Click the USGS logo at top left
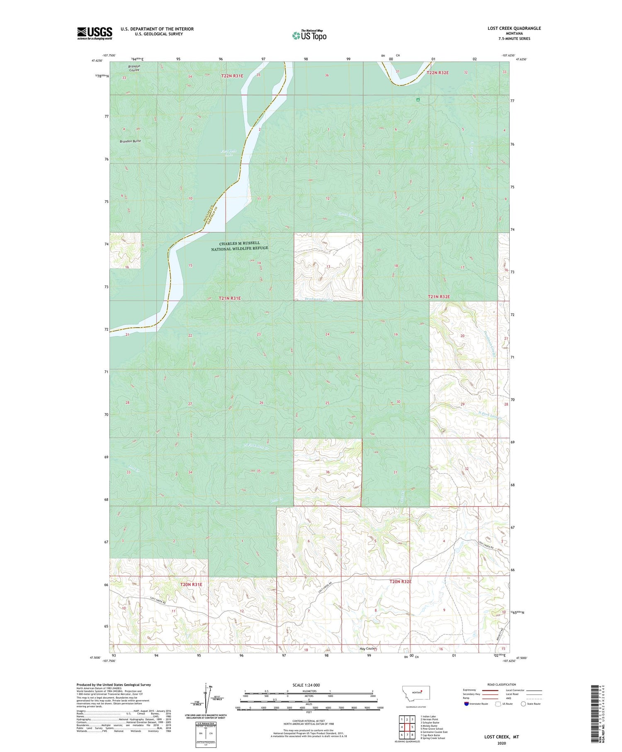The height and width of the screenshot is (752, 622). point(95,33)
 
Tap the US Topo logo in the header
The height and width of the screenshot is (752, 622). point(309,36)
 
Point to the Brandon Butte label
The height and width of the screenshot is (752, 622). point(130,141)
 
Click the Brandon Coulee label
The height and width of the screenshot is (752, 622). point(134,68)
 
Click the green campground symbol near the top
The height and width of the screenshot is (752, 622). point(418,100)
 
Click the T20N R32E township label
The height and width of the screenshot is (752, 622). point(400,582)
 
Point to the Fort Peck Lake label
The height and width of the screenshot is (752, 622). point(229,153)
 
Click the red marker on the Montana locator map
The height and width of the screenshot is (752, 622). point(422,691)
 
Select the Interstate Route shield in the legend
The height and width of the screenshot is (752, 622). point(466,704)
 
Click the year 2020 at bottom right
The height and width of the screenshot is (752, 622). point(501,743)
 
